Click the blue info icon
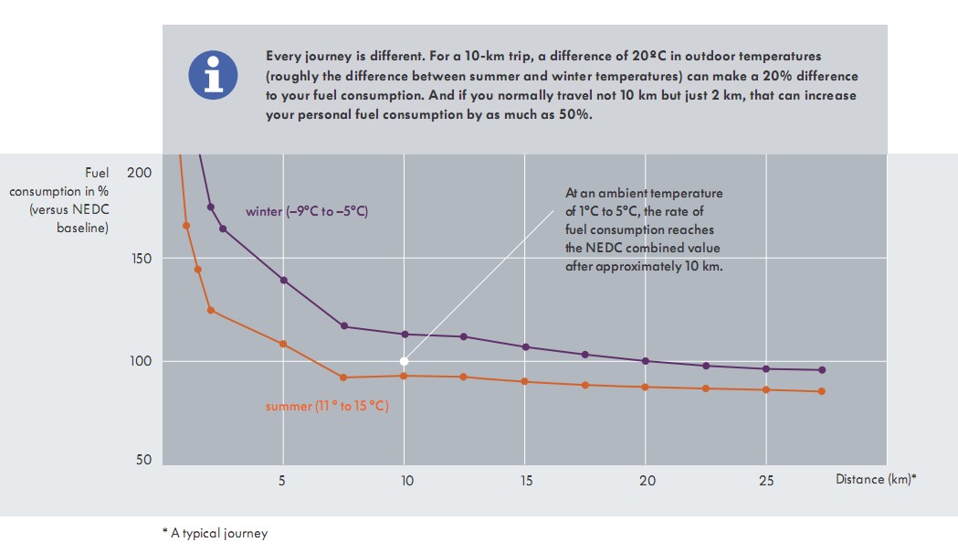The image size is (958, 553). [x=213, y=75]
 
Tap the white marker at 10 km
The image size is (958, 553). [x=404, y=361]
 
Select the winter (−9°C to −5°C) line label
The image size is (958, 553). [x=307, y=212]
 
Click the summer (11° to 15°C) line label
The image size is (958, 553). [x=327, y=406]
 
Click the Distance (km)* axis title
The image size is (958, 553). [x=875, y=479]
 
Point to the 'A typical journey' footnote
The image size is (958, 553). [x=215, y=533]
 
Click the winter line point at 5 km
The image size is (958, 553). [x=283, y=280]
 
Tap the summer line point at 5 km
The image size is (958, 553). [x=283, y=344]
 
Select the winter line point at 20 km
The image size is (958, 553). [x=646, y=361]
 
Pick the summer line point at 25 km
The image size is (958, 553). [x=766, y=389]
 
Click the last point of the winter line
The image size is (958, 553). [x=822, y=370]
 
